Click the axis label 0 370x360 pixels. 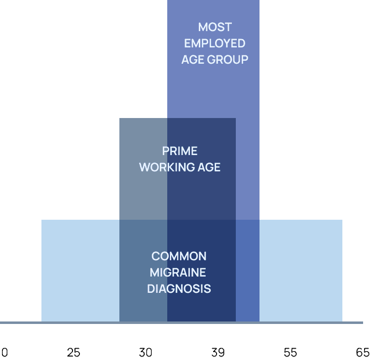[x=4, y=353]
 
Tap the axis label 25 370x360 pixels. [x=74, y=353]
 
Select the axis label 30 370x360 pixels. [x=146, y=353]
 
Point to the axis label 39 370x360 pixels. [x=218, y=353]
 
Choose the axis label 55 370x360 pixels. [x=291, y=353]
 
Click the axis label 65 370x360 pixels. [x=363, y=353]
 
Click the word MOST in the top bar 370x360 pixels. [x=215, y=27]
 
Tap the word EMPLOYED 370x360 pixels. [x=215, y=43]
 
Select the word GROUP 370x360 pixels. [x=227, y=60]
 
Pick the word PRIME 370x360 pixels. [x=180, y=151]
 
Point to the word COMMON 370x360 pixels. [x=179, y=256]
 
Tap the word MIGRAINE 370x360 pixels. [x=178, y=273]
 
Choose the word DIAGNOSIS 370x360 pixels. [x=179, y=289]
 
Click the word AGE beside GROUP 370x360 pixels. [x=193, y=60]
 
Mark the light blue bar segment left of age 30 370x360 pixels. [x=80, y=271]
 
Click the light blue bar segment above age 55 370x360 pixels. [x=300, y=271]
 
